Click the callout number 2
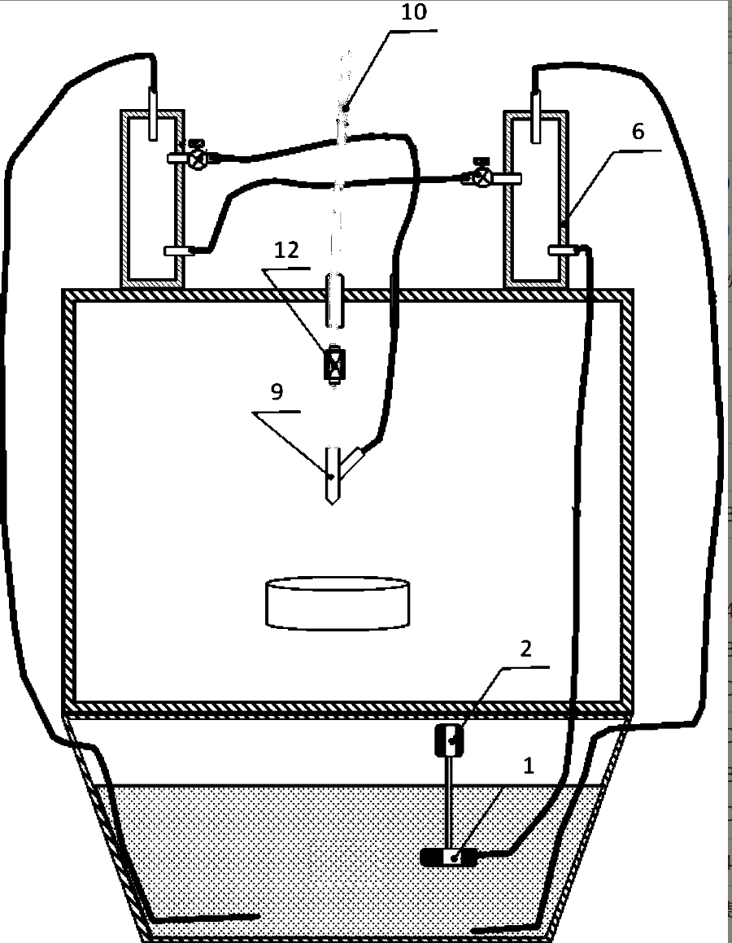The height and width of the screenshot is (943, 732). tap(526, 648)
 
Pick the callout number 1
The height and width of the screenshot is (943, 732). tap(529, 765)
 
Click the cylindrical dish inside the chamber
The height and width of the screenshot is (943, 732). tap(338, 602)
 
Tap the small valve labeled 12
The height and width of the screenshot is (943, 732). tap(333, 363)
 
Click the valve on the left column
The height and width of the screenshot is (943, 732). tap(196, 157)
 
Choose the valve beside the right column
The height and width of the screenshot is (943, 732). tap(481, 175)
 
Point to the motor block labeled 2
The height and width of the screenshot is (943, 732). tap(449, 740)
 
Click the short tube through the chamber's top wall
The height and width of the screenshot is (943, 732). tap(333, 301)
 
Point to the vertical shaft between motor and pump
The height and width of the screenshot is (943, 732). tap(448, 801)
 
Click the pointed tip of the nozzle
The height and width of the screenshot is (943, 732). tap(331, 500)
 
